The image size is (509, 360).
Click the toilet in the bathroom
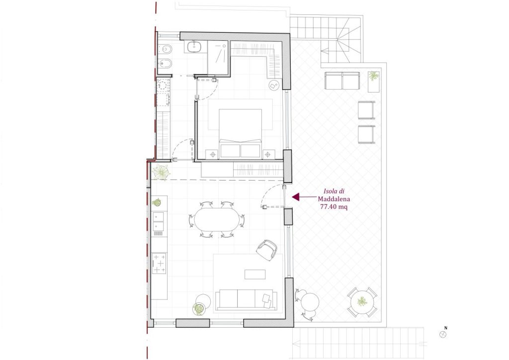pos(165,49)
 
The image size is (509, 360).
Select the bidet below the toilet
pos(165,64)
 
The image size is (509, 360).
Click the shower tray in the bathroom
pos(218,59)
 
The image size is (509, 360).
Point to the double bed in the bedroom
pos(240,133)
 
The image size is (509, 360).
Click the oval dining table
pos(216,219)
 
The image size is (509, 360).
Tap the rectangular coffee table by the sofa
pos(255,274)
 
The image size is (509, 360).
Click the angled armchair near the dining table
pos(266,250)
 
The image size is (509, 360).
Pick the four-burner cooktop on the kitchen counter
pos(159,263)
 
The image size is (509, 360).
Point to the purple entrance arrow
pos(304,197)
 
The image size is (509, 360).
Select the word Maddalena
pos(334,199)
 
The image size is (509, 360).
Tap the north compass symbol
pos(443,334)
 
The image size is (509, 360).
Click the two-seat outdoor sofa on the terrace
pos(342,81)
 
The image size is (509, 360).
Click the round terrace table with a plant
pos(362,302)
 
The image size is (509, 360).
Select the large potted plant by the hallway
pos(162,172)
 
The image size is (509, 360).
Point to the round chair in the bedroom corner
pos(274,86)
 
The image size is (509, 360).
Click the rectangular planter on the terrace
pos(374,82)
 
